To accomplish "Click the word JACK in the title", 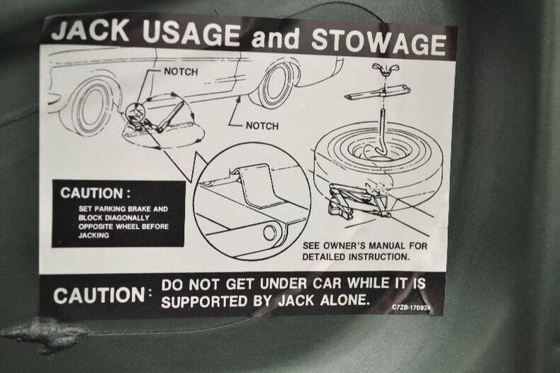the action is tap(90, 30).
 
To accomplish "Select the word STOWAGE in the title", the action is tap(379, 42).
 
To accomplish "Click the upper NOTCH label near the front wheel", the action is tap(181, 72).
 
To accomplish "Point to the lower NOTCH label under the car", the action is tap(262, 126).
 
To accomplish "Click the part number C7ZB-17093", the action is tap(411, 308).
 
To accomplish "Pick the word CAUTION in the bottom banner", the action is tap(99, 296).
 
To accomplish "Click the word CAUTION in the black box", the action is tap(91, 193).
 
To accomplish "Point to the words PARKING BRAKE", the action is tap(123, 209).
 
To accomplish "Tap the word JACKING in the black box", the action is tap(94, 235).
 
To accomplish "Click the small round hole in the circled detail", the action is tap(271, 233).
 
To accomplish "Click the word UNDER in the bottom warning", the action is tap(284, 284).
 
